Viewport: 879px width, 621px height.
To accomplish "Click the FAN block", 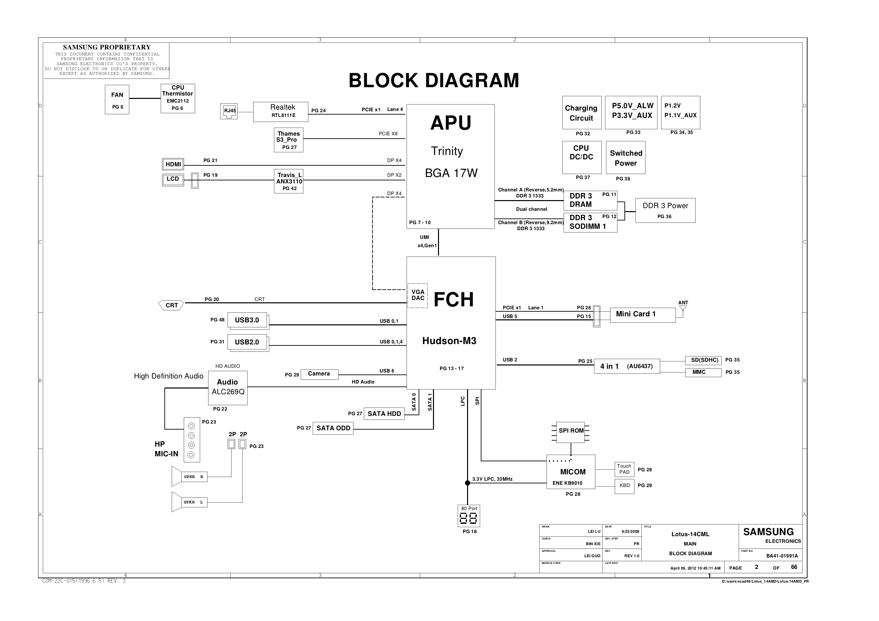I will pyautogui.click(x=117, y=100).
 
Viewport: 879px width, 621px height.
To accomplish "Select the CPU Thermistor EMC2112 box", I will pyautogui.click(x=178, y=99).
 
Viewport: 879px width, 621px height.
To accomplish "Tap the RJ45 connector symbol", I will pyautogui.click(x=229, y=111).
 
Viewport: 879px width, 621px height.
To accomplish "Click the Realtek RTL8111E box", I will pyautogui.click(x=280, y=112).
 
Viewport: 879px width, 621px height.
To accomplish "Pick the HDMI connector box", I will pyautogui.click(x=173, y=164).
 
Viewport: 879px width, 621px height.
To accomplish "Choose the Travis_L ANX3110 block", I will pyautogui.click(x=289, y=181).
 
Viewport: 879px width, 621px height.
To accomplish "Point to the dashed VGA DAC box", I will pyautogui.click(x=417, y=295).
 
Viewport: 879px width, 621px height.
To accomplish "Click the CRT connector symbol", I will pyautogui.click(x=171, y=305).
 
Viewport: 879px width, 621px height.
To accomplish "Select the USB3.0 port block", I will pyautogui.click(x=248, y=320).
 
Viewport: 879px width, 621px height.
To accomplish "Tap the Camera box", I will pyautogui.click(x=319, y=374).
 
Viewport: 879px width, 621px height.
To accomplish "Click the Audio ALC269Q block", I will pyautogui.click(x=228, y=387).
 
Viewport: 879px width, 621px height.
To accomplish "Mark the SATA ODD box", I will pyautogui.click(x=333, y=428).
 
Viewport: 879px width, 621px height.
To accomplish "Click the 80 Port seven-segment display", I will pyautogui.click(x=469, y=518).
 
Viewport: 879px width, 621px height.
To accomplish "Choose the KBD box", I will pyautogui.click(x=624, y=486).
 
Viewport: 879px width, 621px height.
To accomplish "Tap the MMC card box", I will pyautogui.click(x=703, y=372).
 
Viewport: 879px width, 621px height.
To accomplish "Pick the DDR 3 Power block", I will pyautogui.click(x=665, y=210).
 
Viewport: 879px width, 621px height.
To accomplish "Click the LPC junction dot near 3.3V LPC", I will pyautogui.click(x=467, y=483).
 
